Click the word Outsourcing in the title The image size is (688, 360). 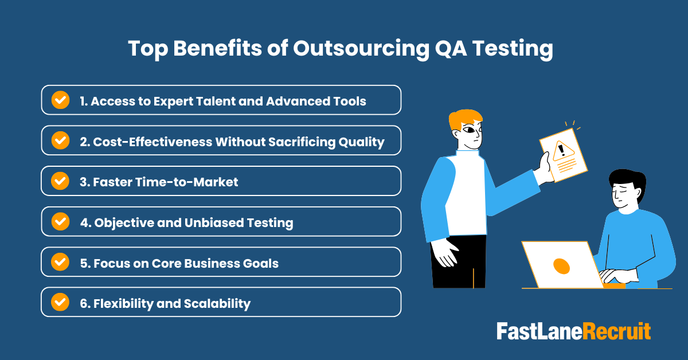[359, 49]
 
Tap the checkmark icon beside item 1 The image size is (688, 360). [60, 100]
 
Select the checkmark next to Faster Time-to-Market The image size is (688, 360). [60, 181]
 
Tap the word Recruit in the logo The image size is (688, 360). [617, 331]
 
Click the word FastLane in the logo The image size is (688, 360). [540, 331]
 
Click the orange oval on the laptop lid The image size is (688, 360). [561, 265]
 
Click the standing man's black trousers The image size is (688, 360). [459, 261]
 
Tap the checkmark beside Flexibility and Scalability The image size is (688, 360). [60, 302]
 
